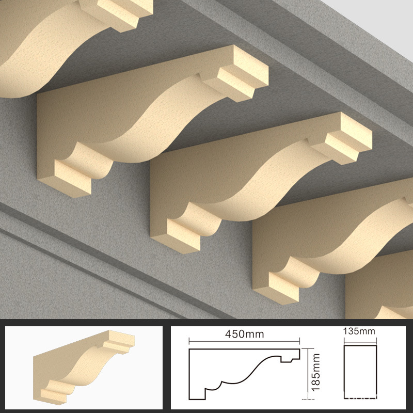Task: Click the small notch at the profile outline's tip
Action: pyautogui.click(x=289, y=357)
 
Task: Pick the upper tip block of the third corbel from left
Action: pyautogui.click(x=347, y=137)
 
